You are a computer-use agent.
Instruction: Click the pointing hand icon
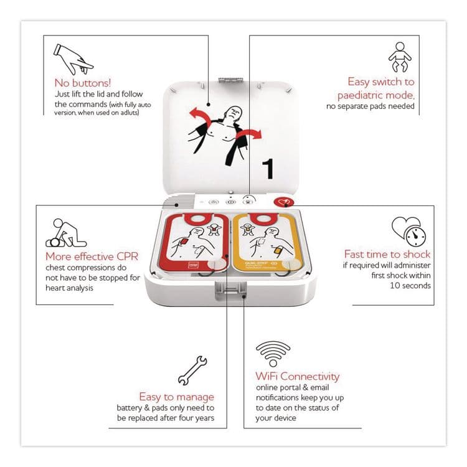(72, 58)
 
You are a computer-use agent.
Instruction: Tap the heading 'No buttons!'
(82, 82)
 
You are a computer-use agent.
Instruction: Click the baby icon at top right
(399, 58)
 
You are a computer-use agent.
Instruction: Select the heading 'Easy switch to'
(381, 82)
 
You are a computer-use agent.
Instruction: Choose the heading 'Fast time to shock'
(387, 254)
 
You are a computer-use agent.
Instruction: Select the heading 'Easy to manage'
(177, 397)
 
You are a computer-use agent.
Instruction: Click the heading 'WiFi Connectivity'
(298, 376)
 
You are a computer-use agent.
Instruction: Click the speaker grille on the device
(181, 202)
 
